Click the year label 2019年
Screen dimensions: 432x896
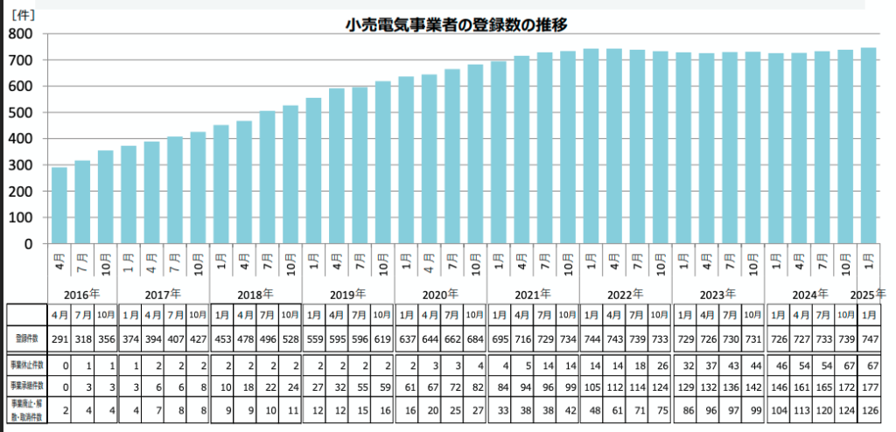(347, 295)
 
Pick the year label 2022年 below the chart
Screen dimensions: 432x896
(625, 295)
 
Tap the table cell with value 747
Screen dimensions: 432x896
(868, 338)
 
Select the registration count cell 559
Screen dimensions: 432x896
(313, 338)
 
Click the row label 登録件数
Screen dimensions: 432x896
(26, 338)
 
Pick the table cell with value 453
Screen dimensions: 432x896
(221, 338)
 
